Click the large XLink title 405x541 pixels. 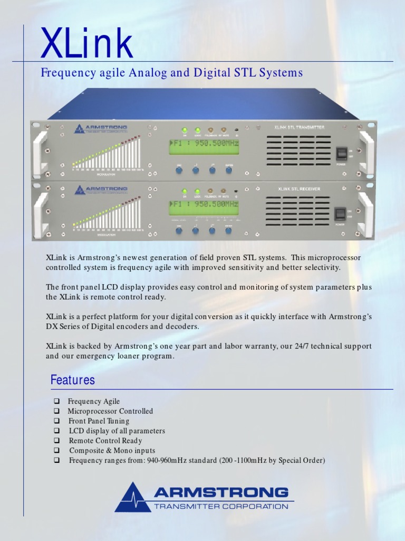87,44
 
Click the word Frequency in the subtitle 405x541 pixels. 67,73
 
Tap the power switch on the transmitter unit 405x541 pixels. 342,153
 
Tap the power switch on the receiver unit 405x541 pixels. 340,213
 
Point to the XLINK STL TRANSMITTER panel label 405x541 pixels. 299,127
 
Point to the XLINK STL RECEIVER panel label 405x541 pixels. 299,189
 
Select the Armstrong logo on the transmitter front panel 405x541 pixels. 101,128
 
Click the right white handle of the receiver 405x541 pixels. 364,214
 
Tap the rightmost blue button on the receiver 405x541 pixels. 229,230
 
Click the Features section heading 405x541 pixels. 73,380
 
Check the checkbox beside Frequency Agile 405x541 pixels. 57,402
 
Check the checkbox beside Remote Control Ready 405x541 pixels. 57,441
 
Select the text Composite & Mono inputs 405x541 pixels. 112,451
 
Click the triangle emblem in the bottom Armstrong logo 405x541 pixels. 133,498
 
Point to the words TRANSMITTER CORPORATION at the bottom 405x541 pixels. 221,507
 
